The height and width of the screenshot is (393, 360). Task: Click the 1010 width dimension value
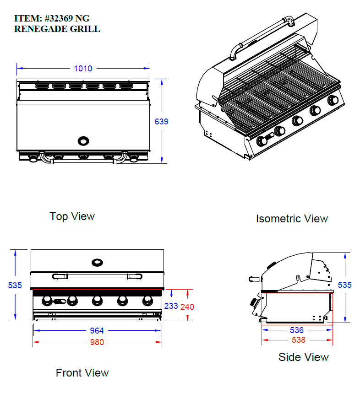(x=83, y=69)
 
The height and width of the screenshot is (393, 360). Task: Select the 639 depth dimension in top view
(x=161, y=121)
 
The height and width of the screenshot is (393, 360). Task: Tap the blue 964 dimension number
(x=97, y=331)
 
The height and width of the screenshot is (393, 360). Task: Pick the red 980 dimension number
(x=97, y=342)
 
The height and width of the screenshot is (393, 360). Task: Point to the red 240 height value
(x=187, y=307)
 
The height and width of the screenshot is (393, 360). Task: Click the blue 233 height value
(x=171, y=306)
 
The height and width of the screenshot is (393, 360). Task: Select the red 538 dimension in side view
(x=299, y=340)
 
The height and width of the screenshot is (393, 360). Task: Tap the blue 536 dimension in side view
(x=297, y=330)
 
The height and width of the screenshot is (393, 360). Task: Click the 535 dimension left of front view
(x=15, y=285)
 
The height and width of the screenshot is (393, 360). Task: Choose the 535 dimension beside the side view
(x=345, y=285)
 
